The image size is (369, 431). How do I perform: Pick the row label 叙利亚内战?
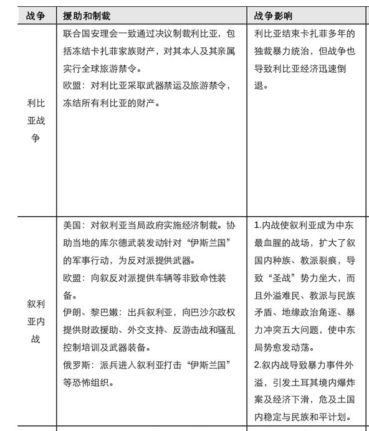[x=36, y=321]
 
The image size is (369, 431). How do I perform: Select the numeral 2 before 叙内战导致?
[x=257, y=364]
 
